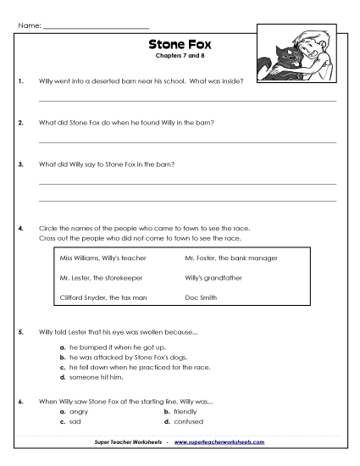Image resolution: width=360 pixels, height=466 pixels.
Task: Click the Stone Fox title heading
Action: (179, 44)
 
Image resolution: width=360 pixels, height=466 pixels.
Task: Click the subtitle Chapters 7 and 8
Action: (179, 56)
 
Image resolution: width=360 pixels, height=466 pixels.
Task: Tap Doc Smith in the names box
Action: (202, 298)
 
